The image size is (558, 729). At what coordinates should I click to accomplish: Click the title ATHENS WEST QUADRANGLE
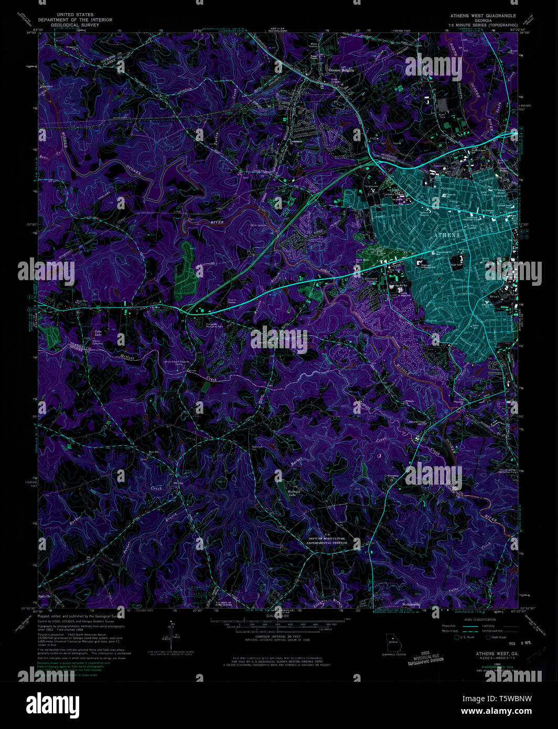[482, 16]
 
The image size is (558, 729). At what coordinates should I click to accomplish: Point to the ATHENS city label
[447, 235]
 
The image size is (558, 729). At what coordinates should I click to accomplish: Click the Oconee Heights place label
[341, 70]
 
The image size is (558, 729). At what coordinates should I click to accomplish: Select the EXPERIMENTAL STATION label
[327, 543]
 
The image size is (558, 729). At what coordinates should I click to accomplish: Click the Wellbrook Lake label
[293, 493]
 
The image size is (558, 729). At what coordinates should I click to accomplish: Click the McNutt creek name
[127, 357]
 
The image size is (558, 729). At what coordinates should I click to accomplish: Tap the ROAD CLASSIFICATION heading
[475, 619]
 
